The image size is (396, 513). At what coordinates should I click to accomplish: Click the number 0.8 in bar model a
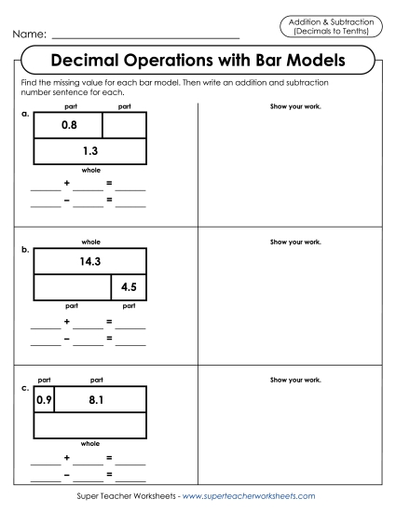[x=68, y=124]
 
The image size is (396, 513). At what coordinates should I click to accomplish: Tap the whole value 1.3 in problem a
[x=90, y=150]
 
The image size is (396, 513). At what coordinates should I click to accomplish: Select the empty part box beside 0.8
[x=124, y=124]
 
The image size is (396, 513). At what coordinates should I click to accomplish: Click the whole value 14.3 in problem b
[x=90, y=262]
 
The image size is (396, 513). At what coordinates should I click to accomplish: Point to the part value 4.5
[x=129, y=287]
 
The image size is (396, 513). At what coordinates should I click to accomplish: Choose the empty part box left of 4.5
[x=73, y=287]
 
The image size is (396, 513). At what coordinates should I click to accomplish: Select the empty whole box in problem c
[x=90, y=426]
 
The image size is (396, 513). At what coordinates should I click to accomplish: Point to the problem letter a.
[x=24, y=114]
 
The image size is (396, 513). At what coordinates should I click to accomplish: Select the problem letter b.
[x=24, y=251]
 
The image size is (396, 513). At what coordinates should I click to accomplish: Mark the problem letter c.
[x=24, y=389]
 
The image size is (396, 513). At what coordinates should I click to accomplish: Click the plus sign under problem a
[x=67, y=185]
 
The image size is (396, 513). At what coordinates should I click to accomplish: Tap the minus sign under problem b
[x=67, y=338]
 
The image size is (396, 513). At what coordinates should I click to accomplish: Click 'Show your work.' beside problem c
[x=295, y=381]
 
